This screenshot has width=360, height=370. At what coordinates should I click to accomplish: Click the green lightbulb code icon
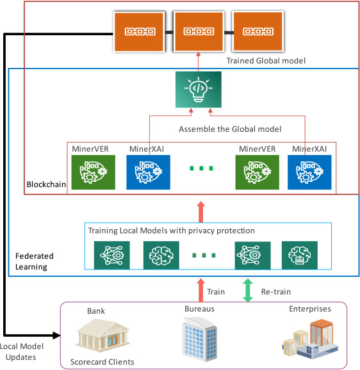pyautogui.click(x=199, y=90)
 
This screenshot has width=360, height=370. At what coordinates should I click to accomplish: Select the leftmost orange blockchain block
pyautogui.click(x=139, y=31)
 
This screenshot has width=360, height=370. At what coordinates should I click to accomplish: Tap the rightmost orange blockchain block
pyautogui.click(x=258, y=31)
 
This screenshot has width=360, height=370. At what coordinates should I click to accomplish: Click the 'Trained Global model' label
pyautogui.click(x=266, y=61)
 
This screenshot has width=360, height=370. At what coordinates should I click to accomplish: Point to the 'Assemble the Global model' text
pyautogui.click(x=230, y=129)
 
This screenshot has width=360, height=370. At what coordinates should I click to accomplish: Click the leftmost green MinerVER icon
pyautogui.click(x=94, y=172)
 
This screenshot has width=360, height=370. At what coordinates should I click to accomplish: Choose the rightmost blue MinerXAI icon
pyautogui.click(x=309, y=172)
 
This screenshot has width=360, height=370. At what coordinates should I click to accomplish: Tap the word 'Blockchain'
pyautogui.click(x=46, y=184)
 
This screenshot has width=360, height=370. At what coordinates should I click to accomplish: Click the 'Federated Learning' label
pyautogui.click(x=35, y=261)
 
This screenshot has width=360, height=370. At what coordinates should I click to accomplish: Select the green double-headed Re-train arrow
pyautogui.click(x=248, y=290)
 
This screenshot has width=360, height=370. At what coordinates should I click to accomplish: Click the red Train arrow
pyautogui.click(x=201, y=290)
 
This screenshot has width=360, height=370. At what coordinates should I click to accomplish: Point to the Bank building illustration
pyautogui.click(x=102, y=335)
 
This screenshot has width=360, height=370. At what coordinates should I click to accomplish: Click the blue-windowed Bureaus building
pyautogui.click(x=200, y=339)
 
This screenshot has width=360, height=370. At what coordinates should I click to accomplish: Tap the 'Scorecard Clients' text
pyautogui.click(x=102, y=362)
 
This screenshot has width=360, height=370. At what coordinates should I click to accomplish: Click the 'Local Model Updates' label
pyautogui.click(x=22, y=351)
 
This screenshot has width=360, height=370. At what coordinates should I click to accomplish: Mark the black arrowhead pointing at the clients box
pyautogui.click(x=56, y=335)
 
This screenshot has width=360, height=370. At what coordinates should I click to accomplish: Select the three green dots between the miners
pyautogui.click(x=201, y=168)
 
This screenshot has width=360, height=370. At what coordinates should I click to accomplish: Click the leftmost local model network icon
pyautogui.click(x=112, y=255)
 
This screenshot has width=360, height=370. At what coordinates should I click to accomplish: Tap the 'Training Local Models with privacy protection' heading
pyautogui.click(x=172, y=230)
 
